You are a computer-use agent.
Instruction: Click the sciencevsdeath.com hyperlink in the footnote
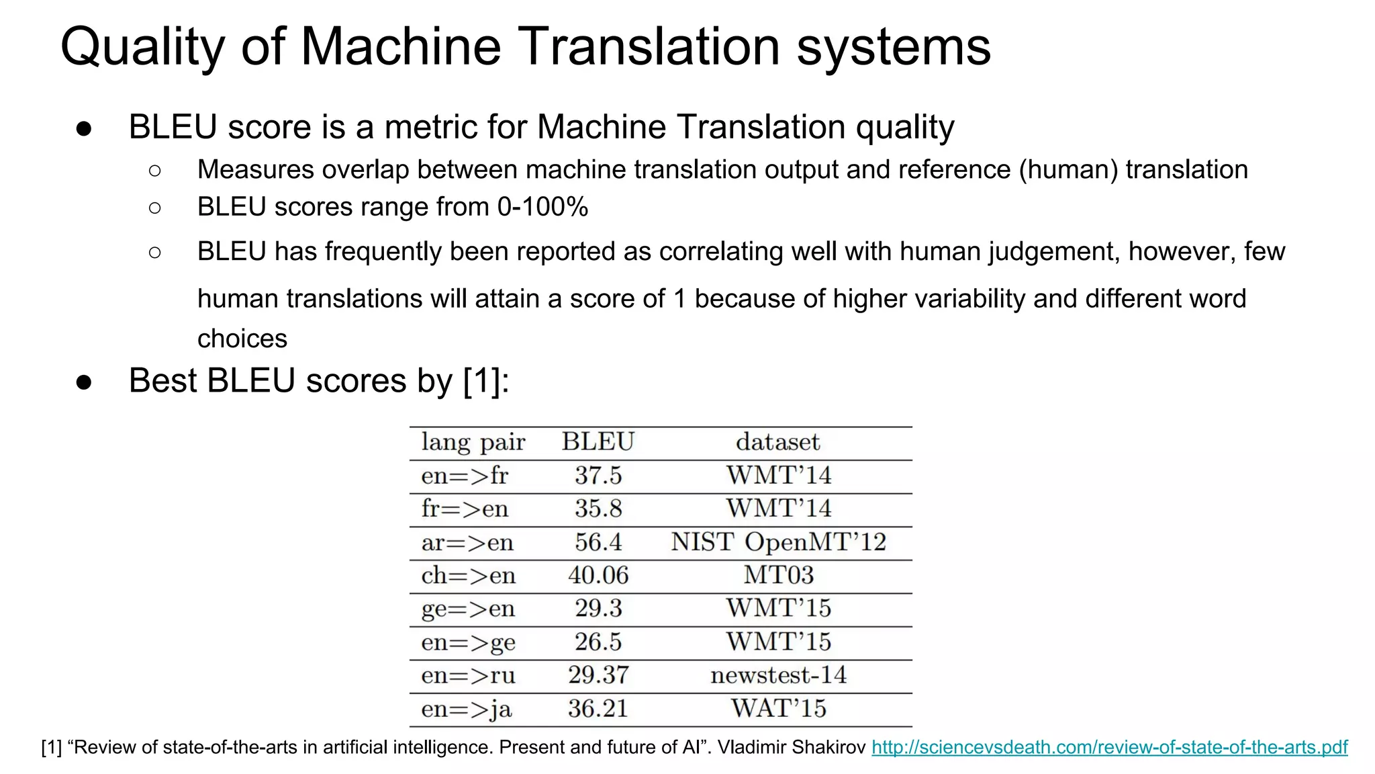click(1109, 747)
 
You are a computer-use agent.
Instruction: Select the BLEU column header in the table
click(598, 442)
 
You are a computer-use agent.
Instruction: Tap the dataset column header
click(778, 442)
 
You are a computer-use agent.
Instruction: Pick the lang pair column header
click(473, 442)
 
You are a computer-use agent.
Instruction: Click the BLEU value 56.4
click(598, 542)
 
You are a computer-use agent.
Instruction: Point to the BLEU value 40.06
click(598, 575)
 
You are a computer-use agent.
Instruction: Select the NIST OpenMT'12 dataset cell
click(778, 542)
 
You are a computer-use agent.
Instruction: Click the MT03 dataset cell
click(778, 575)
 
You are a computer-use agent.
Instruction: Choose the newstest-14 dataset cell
click(778, 675)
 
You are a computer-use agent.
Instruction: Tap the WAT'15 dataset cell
click(778, 708)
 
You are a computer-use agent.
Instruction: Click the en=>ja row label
click(467, 709)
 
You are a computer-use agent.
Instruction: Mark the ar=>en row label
click(467, 542)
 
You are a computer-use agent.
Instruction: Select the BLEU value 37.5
click(598, 476)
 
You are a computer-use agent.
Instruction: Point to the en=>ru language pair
click(468, 675)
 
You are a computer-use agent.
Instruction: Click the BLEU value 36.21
click(598, 708)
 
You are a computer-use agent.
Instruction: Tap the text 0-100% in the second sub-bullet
click(542, 207)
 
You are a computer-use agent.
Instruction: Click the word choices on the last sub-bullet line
click(242, 339)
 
